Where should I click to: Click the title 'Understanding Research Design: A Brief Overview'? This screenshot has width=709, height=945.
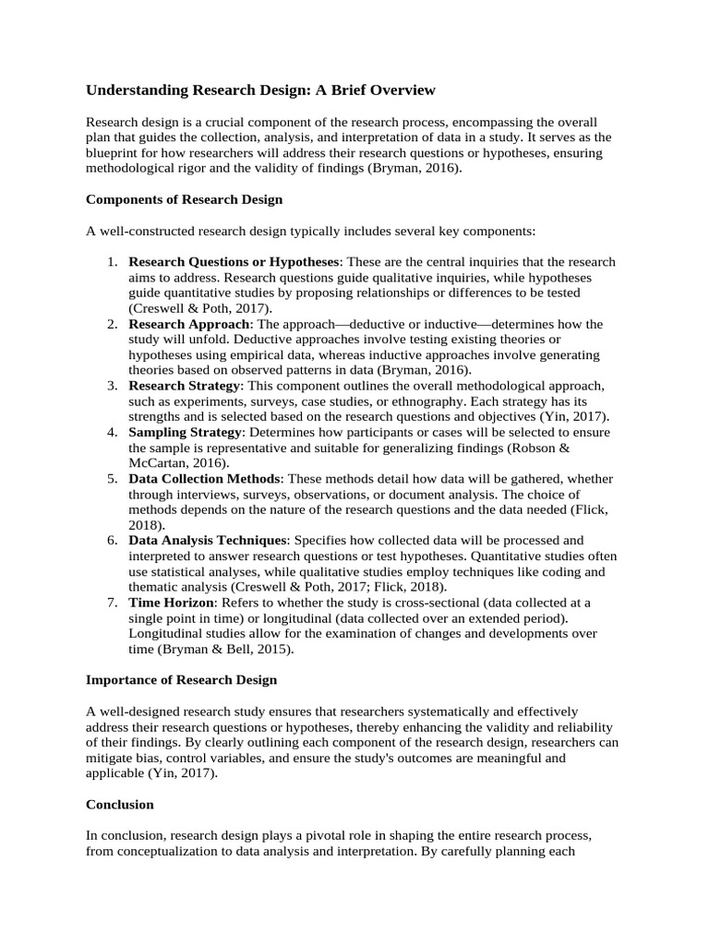pyautogui.click(x=259, y=90)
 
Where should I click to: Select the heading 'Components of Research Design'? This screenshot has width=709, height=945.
pyautogui.click(x=184, y=199)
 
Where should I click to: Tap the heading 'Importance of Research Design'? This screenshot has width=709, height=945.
pyautogui.click(x=181, y=680)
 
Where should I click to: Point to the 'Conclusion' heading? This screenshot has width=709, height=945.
pyautogui.click(x=120, y=805)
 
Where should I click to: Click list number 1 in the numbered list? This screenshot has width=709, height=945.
pyautogui.click(x=111, y=262)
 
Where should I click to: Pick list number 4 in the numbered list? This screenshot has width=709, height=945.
pyautogui.click(x=111, y=432)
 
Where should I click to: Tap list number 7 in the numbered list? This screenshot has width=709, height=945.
pyautogui.click(x=111, y=603)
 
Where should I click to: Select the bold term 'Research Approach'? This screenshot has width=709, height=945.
pyautogui.click(x=188, y=324)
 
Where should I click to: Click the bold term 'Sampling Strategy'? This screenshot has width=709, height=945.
pyautogui.click(x=185, y=432)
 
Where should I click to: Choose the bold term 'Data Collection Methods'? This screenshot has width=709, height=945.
pyautogui.click(x=204, y=479)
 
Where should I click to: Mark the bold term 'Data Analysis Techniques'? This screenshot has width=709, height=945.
pyautogui.click(x=209, y=540)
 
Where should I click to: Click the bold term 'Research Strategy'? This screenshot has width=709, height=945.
pyautogui.click(x=185, y=386)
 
